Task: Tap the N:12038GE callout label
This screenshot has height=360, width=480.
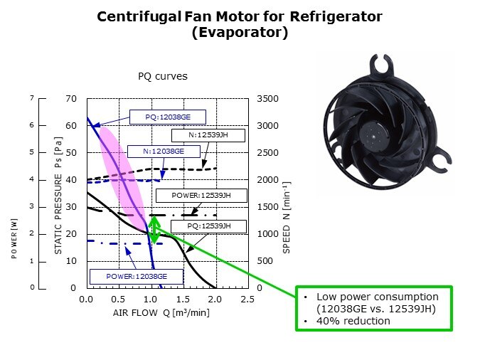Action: pyautogui.click(x=163, y=151)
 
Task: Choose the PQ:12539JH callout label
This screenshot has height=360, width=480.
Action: pyautogui.click(x=208, y=226)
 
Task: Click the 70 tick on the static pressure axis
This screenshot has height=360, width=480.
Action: pyautogui.click(x=71, y=99)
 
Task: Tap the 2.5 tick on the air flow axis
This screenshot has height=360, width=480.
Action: pyautogui.click(x=247, y=300)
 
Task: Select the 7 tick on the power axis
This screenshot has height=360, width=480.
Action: pyautogui.click(x=31, y=98)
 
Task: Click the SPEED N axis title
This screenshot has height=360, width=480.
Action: pyautogui.click(x=287, y=216)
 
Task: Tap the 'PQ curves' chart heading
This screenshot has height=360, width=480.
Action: pyautogui.click(x=163, y=76)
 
